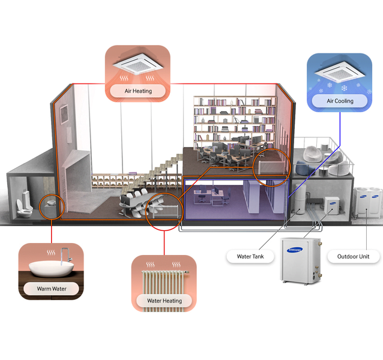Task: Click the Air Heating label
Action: click(x=138, y=91)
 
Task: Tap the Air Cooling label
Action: click(x=340, y=101)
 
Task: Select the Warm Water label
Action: click(x=52, y=289)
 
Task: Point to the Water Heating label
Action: click(x=164, y=301)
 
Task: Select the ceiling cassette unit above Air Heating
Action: click(x=138, y=63)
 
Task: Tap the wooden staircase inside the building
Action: click(x=159, y=171)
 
